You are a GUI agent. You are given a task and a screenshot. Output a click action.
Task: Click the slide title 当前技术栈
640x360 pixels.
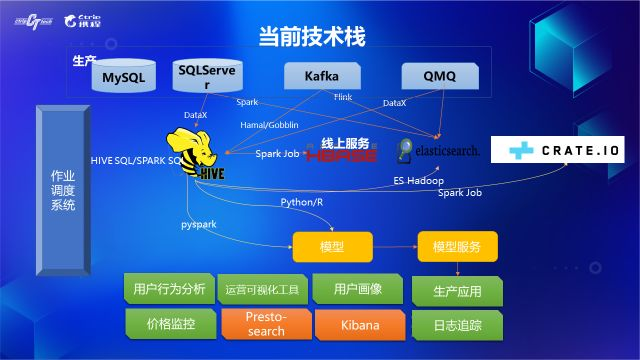coord(311,37)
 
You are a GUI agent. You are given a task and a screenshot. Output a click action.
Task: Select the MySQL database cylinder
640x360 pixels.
coord(124,78)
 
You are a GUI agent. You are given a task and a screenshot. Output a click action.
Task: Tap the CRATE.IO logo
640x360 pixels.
coord(564,150)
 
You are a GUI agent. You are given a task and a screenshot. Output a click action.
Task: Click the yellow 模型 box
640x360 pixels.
coord(331,246)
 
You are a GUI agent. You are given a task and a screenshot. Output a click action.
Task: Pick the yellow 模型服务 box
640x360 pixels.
coord(456,246)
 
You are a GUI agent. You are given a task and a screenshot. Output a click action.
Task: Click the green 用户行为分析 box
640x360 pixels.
coord(168,290)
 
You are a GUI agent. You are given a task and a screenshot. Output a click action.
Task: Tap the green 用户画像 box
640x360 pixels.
coord(358,290)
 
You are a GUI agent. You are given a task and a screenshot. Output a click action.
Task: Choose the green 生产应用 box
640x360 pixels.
coord(457,292)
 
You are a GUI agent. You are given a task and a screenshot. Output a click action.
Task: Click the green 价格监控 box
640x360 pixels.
coord(169,324)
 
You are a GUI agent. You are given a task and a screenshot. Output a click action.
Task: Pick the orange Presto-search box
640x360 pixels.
coord(264,324)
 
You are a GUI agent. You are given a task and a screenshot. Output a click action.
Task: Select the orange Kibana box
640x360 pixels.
coord(357,324)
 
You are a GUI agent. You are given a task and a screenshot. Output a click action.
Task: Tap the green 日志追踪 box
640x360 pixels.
coord(457,326)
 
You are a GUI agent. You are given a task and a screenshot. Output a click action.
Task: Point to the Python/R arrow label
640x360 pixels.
coord(301,202)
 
